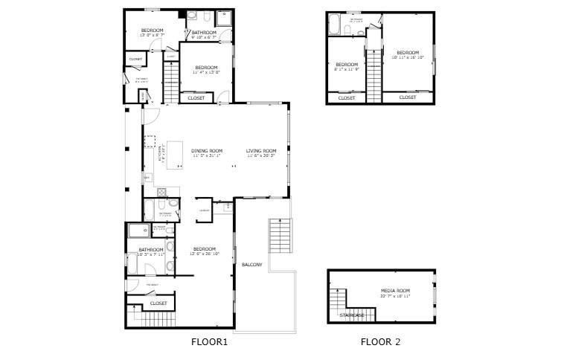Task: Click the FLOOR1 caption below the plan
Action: [209, 342]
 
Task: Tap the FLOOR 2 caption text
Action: [380, 342]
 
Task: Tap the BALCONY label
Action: [251, 265]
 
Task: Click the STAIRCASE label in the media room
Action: [352, 315]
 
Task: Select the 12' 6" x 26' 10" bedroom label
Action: [204, 251]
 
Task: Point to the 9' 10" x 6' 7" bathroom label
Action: [204, 35]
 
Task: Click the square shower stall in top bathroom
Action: [224, 16]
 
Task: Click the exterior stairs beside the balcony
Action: [280, 237]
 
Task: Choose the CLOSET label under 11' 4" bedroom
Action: [196, 97]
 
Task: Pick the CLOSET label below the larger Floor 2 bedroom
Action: [408, 97]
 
